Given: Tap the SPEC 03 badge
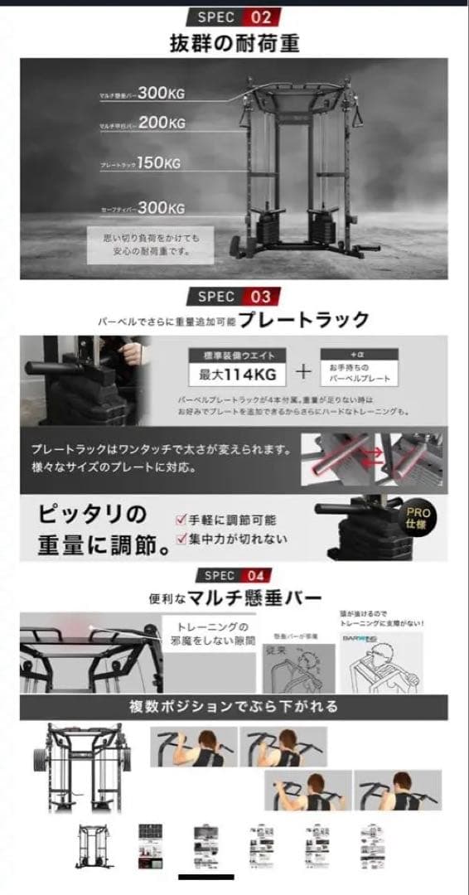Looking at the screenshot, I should (234, 296).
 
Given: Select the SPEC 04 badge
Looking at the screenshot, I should (234, 575).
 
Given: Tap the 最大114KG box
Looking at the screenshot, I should (238, 373).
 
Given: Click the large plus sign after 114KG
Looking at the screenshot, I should (303, 371).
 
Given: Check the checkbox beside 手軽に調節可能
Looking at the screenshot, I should (180, 520).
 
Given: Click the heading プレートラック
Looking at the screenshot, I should (308, 320).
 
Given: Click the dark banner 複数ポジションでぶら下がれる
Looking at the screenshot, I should (234, 707).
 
